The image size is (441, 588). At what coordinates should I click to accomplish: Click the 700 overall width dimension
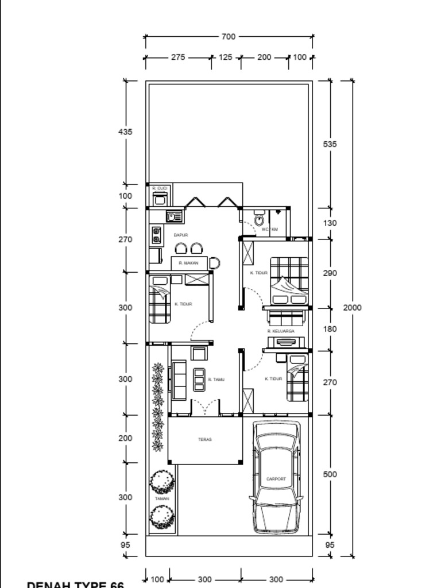pos(228,37)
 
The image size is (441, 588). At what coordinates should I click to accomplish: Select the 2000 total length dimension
pos(353,308)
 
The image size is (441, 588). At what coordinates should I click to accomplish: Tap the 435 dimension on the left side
pos(125,132)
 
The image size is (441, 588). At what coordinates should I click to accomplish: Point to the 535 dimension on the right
pos(330,145)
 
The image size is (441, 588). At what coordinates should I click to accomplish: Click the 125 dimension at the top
pos(226,58)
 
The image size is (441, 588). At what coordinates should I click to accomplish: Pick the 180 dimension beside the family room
pos(330,330)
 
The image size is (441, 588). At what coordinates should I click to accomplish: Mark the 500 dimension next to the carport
pos(330,475)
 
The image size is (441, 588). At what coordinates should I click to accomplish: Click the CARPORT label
pos(276,478)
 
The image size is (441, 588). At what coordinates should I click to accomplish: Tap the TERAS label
pos(205,440)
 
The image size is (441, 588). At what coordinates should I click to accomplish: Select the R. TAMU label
pos(216,380)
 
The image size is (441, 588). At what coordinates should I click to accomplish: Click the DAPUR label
pos(181,235)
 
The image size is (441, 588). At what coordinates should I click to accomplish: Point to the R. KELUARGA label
pos(281,331)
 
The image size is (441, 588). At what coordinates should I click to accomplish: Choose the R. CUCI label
pos(159,188)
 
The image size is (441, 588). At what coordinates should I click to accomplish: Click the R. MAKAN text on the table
pos(188,263)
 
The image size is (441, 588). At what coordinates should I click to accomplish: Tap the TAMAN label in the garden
pos(162,499)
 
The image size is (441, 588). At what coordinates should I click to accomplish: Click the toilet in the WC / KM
pos(259,219)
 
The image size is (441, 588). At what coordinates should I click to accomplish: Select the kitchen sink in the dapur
pos(173,216)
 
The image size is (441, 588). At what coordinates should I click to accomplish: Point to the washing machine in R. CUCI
pos(159,199)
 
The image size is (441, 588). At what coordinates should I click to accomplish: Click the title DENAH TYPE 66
pos(75,584)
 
